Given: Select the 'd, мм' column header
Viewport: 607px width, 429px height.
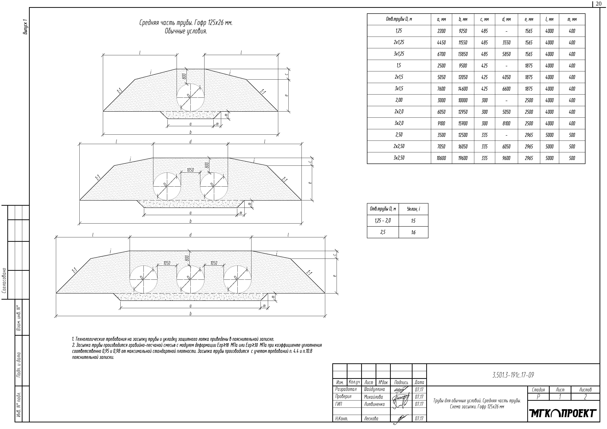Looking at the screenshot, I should tap(506, 19).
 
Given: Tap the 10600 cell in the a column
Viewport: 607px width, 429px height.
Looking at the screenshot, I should tap(441, 158).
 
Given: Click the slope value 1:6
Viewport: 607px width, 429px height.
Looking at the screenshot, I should tap(413, 232).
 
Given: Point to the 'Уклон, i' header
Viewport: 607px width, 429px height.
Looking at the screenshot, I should tap(413, 209).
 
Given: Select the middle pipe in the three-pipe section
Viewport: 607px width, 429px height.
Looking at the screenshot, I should tap(190, 279).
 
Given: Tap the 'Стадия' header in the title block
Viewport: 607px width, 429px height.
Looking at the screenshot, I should tap(538, 390).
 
